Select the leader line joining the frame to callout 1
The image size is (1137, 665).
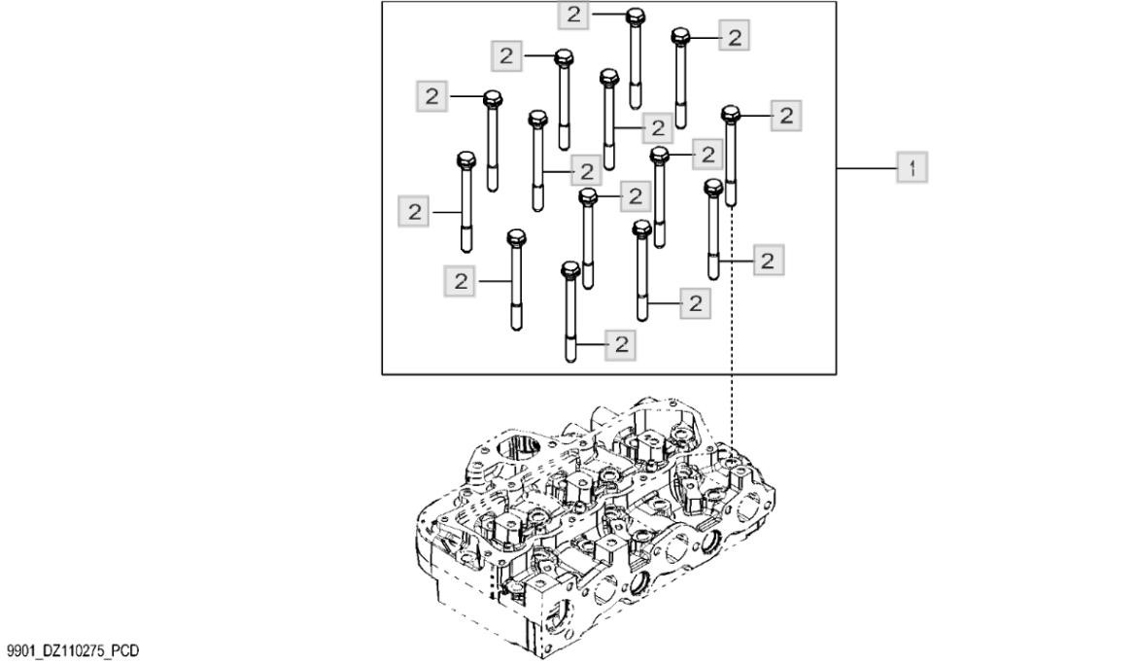[x=867, y=168]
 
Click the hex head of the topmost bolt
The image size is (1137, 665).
[x=635, y=16]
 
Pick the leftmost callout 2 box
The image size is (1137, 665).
[x=416, y=212]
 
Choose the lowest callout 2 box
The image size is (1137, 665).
[x=620, y=343]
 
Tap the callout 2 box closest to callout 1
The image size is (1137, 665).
[x=786, y=115]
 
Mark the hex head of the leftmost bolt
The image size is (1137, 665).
[x=465, y=159]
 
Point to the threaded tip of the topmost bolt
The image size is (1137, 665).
[x=636, y=98]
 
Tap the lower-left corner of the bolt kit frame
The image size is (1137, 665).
[x=382, y=373]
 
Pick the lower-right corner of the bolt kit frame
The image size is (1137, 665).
[x=838, y=373]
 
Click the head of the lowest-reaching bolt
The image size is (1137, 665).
[x=569, y=269]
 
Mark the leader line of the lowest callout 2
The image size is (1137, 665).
[x=590, y=343]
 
